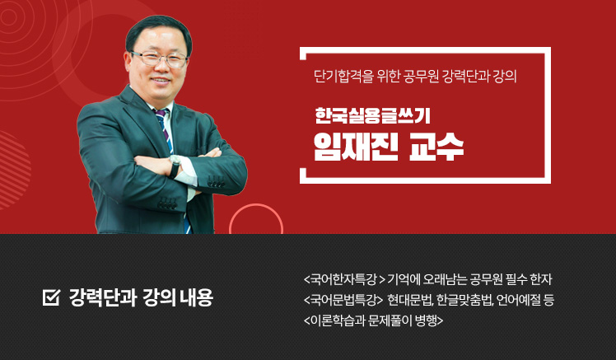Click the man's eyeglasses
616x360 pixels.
[x=159, y=59]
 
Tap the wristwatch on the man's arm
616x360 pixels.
[x=175, y=166]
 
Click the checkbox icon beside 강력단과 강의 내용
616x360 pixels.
[x=51, y=297]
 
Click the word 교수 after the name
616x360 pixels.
[x=436, y=147]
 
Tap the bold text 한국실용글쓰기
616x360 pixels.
[x=372, y=115]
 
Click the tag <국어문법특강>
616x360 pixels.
[x=343, y=300]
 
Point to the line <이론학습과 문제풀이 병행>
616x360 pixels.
[x=373, y=320]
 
